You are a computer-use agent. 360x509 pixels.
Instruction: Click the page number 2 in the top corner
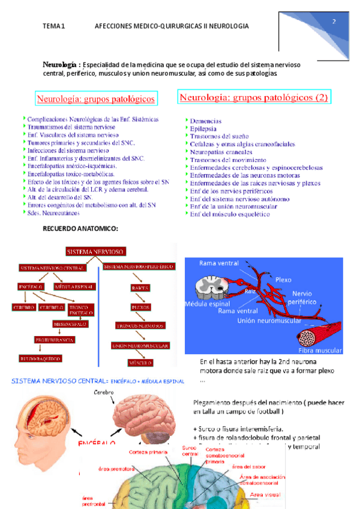pyautogui.click(x=334, y=22)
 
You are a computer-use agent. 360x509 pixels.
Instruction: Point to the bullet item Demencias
pyautogui.click(x=205, y=121)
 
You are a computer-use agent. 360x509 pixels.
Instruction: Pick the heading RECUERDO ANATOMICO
pyautogui.click(x=80, y=229)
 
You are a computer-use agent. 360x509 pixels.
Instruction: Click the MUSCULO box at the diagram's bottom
pyautogui.click(x=140, y=363)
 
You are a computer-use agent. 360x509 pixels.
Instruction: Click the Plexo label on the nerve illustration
pyautogui.click(x=283, y=280)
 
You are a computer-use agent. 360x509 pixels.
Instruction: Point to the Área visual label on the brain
pyautogui.click(x=265, y=494)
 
